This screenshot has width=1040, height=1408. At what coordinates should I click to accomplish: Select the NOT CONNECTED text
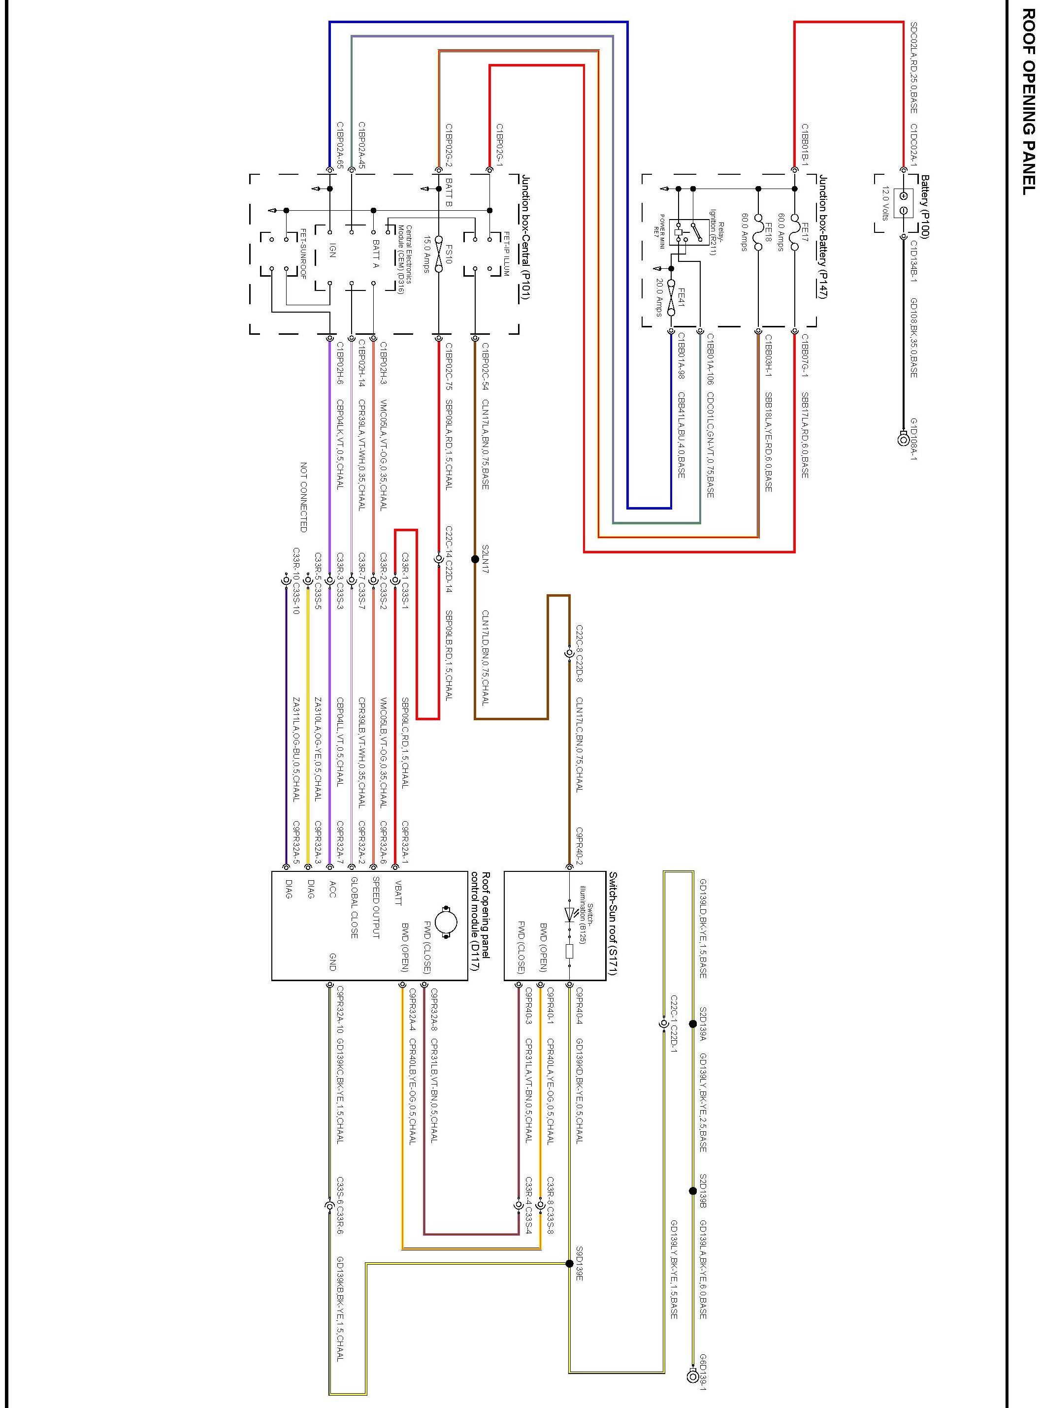click(303, 497)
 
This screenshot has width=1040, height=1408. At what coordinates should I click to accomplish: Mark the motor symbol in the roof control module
click(446, 923)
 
